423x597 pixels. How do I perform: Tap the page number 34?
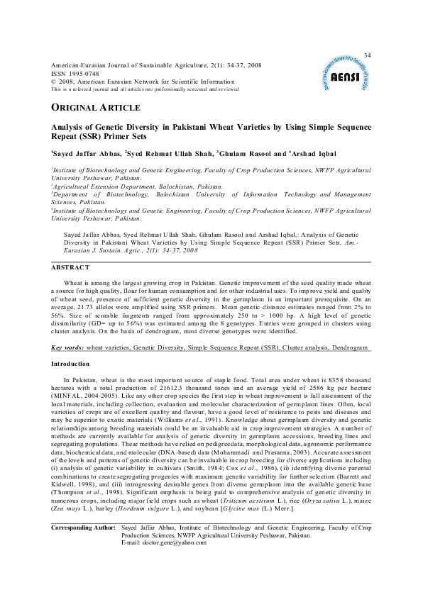[x=367, y=55]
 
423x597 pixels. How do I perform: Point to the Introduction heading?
[x=70, y=364]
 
